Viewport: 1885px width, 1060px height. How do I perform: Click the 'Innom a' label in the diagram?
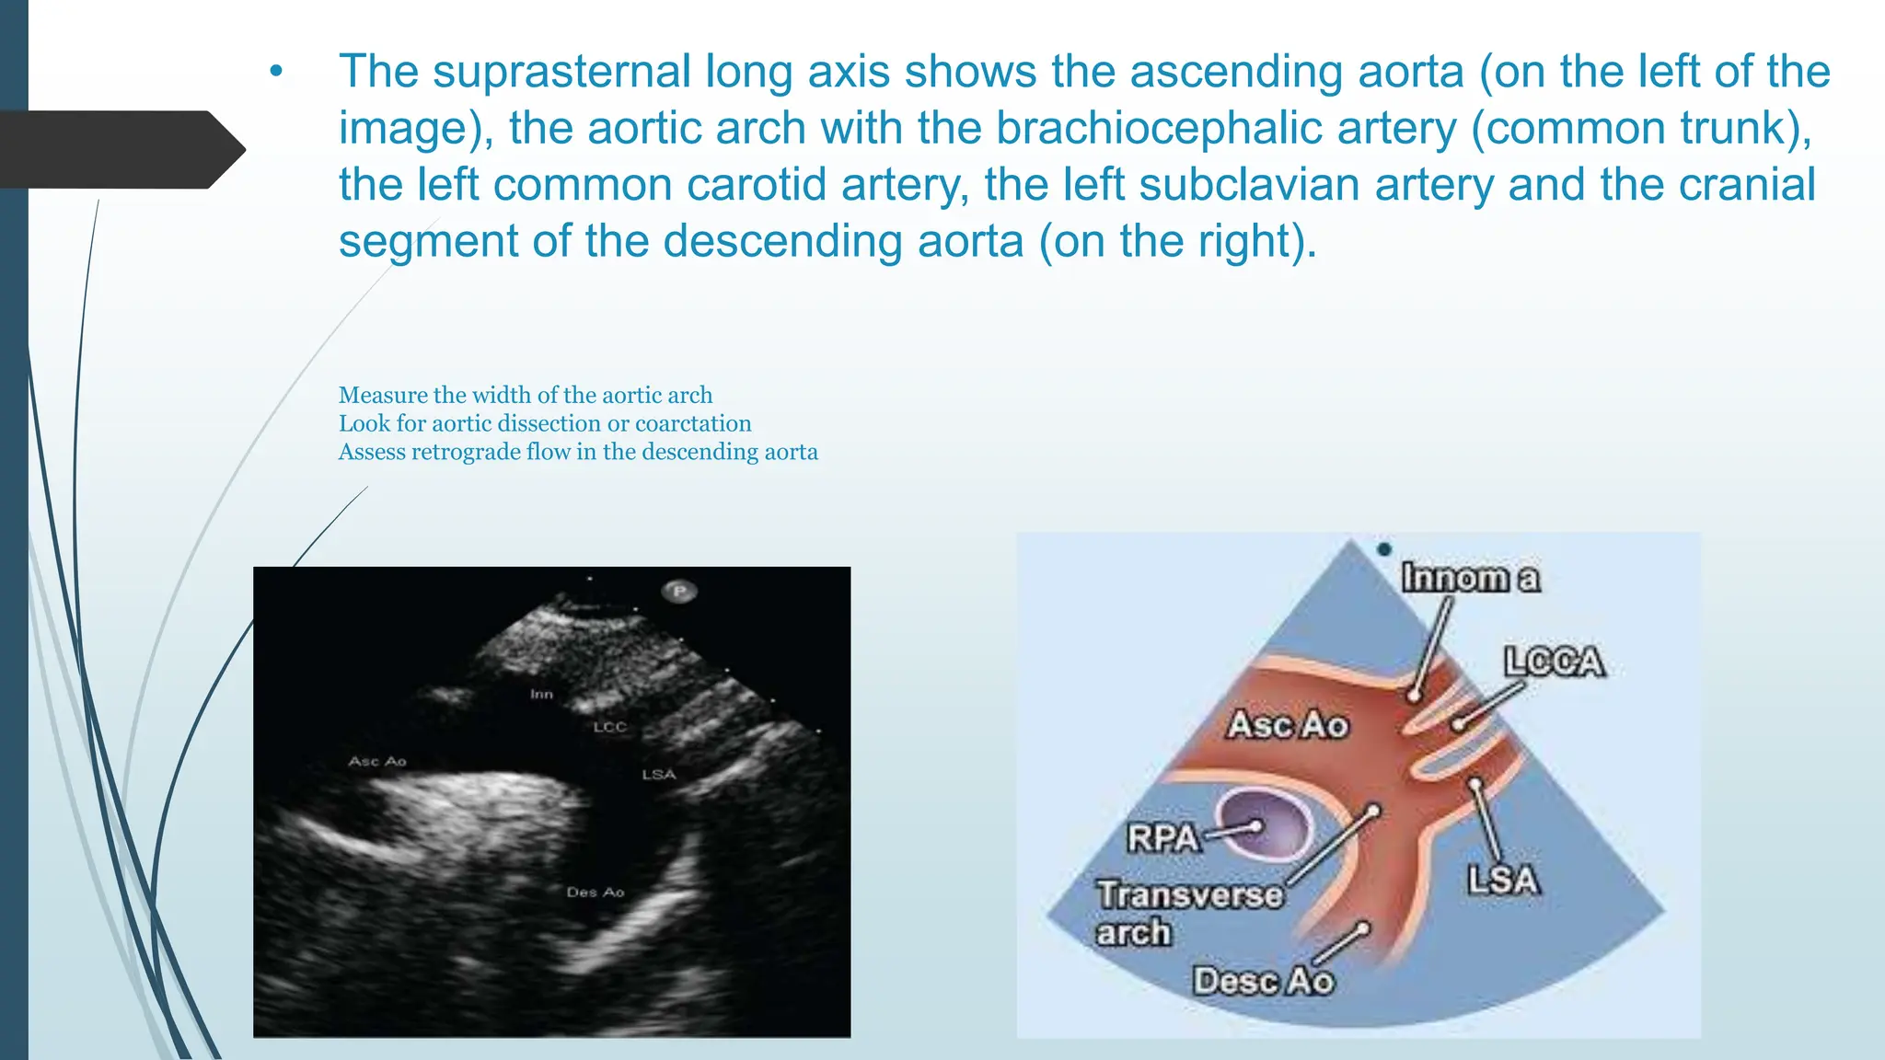click(x=1470, y=578)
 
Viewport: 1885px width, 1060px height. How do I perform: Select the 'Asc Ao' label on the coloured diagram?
click(x=1288, y=725)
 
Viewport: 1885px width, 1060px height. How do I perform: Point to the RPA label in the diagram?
click(x=1163, y=837)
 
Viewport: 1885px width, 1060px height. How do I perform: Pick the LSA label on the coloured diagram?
click(x=1502, y=880)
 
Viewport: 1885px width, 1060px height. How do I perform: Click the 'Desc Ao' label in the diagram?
click(x=1263, y=981)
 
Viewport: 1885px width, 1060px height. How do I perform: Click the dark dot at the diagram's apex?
click(x=1384, y=549)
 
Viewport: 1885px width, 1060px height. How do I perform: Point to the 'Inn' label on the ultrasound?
click(x=541, y=694)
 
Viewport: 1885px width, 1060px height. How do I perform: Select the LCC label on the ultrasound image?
click(x=609, y=727)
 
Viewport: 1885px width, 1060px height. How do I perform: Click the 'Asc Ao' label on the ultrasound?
click(x=377, y=761)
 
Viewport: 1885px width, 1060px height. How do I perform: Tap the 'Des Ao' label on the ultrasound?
click(x=596, y=892)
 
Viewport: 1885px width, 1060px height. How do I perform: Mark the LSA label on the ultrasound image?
click(x=658, y=775)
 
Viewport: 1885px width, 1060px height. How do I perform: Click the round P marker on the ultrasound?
click(x=679, y=591)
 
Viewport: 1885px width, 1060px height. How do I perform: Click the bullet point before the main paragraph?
click(x=276, y=73)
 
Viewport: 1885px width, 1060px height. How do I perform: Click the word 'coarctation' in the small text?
click(x=693, y=423)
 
